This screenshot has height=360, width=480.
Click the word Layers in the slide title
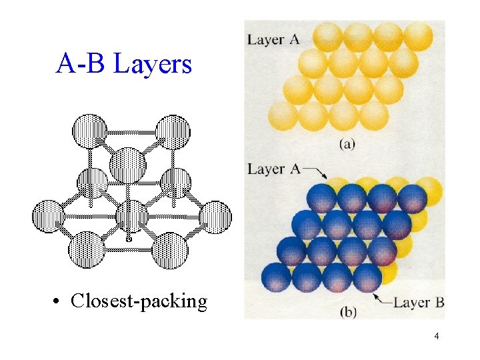click(153, 64)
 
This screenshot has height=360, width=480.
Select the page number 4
click(436, 336)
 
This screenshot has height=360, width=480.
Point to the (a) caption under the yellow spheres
click(347, 144)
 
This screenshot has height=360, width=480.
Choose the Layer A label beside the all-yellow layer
click(273, 39)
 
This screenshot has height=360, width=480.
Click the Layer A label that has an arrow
click(273, 169)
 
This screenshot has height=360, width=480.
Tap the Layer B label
click(419, 303)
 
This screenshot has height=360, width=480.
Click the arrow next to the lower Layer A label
click(316, 173)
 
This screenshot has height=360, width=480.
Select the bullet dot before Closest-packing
click(59, 302)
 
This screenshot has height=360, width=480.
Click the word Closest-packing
click(139, 301)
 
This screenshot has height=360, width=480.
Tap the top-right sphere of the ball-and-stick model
click(173, 131)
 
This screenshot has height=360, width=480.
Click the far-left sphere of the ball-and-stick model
click(48, 217)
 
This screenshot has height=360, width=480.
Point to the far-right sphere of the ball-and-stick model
click(215, 217)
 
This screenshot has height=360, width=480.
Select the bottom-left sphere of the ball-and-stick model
click(87, 249)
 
